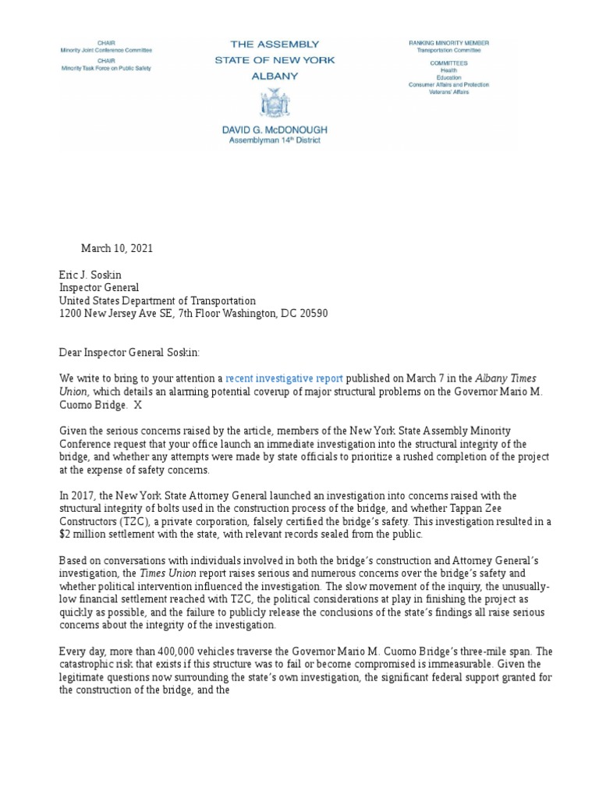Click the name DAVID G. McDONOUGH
pyautogui.click(x=275, y=130)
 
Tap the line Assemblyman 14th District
pyautogui.click(x=275, y=140)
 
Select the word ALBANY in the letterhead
pyautogui.click(x=275, y=76)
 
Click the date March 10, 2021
pyautogui.click(x=117, y=248)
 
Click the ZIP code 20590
pyautogui.click(x=311, y=314)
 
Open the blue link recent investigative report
pyautogui.click(x=285, y=378)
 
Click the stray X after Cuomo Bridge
pyautogui.click(x=138, y=404)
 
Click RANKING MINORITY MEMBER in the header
pyautogui.click(x=449, y=41)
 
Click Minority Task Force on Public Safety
pyautogui.click(x=106, y=68)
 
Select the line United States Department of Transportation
pyautogui.click(x=158, y=300)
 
